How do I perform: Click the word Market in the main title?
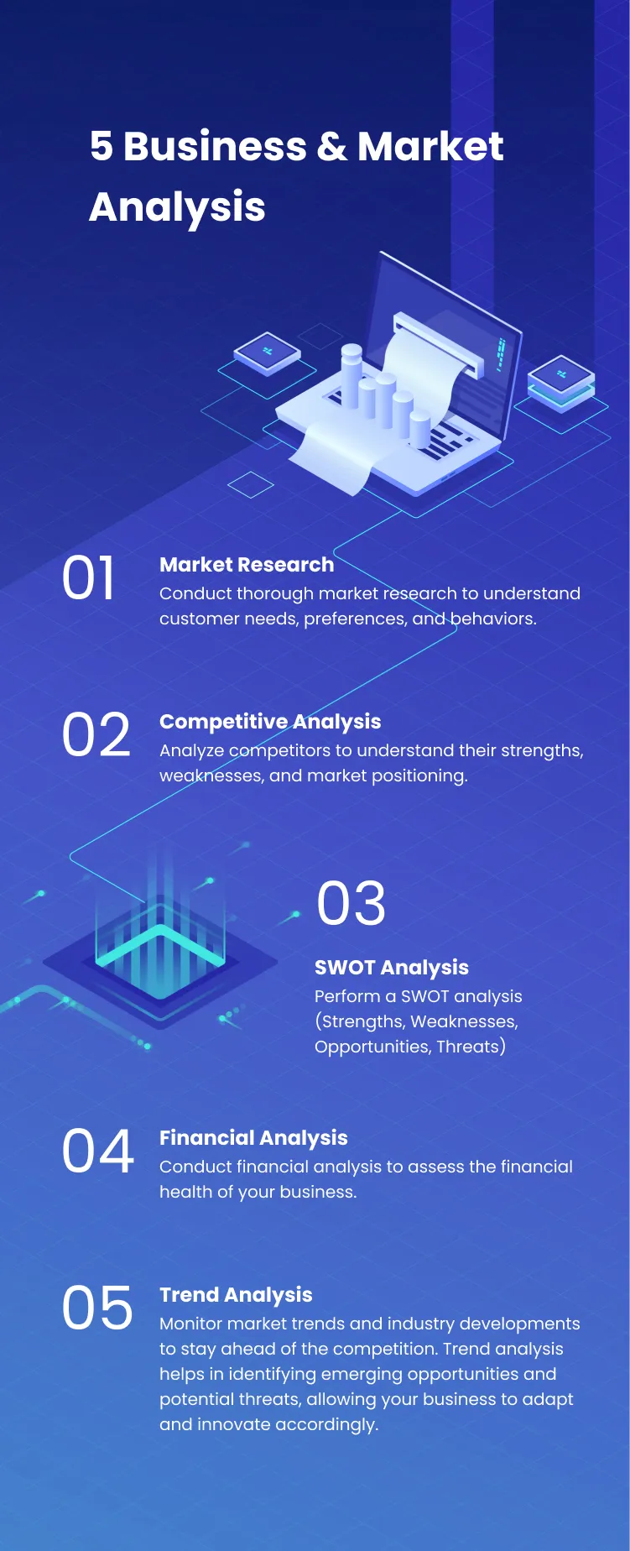pos(430,147)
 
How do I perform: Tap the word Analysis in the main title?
pos(177,207)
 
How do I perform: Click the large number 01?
pos(88,578)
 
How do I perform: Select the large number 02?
pos(96,735)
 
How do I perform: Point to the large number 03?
pos(351,904)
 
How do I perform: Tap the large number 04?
pos(97,1151)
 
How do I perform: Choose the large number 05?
pos(97,1308)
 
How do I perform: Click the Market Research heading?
pos(247,565)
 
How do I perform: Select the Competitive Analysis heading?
pos(270,722)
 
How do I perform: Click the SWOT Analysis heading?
pos(391,968)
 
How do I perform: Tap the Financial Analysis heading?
pos(253,1138)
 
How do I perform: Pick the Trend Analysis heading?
pos(236,1295)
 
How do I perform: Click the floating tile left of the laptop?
pos(268,352)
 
